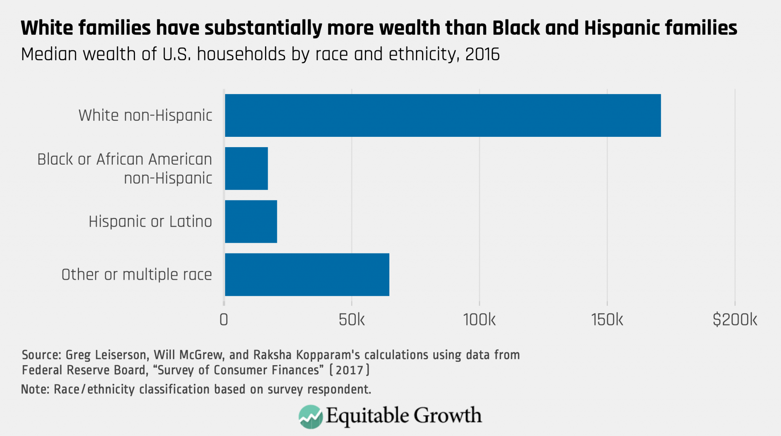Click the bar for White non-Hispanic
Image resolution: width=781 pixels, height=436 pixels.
pyautogui.click(x=442, y=115)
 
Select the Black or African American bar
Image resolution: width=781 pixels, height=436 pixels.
pyautogui.click(x=246, y=168)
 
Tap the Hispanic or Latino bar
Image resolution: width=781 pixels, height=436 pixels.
pyautogui.click(x=251, y=221)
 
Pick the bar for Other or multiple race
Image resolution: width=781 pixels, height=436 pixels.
pyautogui.click(x=307, y=274)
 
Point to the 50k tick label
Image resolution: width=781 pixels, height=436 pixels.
pyautogui.click(x=351, y=320)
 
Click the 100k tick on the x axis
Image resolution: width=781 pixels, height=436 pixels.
pyautogui.click(x=479, y=320)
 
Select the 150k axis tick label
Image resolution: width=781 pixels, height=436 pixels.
pyautogui.click(x=607, y=320)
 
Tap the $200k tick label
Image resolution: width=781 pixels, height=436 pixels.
pyautogui.click(x=734, y=320)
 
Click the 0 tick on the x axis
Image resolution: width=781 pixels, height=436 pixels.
pyautogui.click(x=224, y=320)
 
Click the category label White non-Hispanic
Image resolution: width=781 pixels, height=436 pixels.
pyautogui.click(x=145, y=115)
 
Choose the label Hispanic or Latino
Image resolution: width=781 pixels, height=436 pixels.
pyautogui.click(x=150, y=221)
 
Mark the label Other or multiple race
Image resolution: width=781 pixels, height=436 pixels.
pyautogui.click(x=137, y=274)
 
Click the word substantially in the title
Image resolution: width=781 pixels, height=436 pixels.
pyautogui.click(x=263, y=29)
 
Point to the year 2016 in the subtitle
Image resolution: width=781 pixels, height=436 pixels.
pyautogui.click(x=482, y=54)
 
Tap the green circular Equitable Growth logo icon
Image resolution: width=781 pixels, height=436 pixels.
pyautogui.click(x=310, y=417)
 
